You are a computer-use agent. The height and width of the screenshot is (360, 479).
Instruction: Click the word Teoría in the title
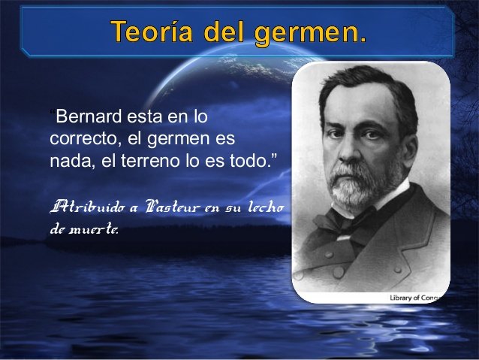tap(152, 32)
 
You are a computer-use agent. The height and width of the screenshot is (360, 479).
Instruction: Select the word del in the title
tap(224, 32)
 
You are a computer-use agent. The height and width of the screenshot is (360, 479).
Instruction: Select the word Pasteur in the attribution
tap(172, 207)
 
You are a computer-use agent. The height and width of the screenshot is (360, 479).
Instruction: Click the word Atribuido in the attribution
tap(87, 207)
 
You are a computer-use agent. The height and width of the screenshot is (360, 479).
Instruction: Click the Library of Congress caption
tap(414, 298)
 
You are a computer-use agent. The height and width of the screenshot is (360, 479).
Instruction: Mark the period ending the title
tap(363, 40)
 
